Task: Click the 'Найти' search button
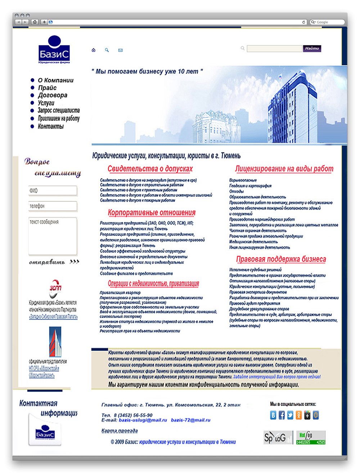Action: (312, 48)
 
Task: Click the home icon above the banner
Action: (94, 50)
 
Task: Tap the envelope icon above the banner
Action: (120, 50)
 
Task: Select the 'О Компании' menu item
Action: (55, 80)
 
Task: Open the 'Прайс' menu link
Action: (47, 88)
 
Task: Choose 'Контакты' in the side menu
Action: (50, 126)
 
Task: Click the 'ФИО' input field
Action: (53, 191)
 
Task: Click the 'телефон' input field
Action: (53, 206)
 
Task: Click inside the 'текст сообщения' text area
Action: (53, 236)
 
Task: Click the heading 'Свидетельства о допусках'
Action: (150, 169)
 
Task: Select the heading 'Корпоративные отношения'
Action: (152, 213)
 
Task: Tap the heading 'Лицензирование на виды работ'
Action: (284, 169)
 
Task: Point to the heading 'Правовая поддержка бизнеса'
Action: (281, 259)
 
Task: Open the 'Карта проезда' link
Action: (120, 430)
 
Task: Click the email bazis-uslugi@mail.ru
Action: (143, 420)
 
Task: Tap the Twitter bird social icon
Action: (290, 415)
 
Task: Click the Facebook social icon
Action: (282, 415)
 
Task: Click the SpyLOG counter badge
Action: (278, 438)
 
